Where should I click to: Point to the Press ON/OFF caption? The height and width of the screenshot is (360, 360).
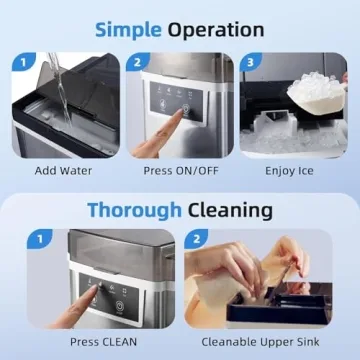[x=180, y=170]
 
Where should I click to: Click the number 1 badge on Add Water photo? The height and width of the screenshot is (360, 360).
[x=19, y=62]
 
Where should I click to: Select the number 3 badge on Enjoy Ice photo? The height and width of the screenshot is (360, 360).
[x=250, y=62]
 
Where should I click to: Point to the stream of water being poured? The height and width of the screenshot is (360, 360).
[x=61, y=85]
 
